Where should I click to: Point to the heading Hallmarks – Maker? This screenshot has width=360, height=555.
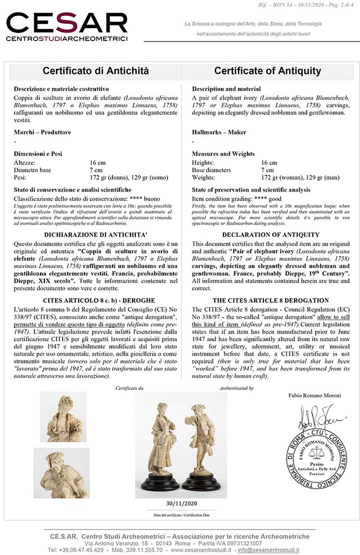tap(219, 132)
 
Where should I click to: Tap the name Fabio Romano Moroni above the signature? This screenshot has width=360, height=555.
tap(314, 395)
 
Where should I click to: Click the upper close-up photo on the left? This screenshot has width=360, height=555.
tap(64, 416)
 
